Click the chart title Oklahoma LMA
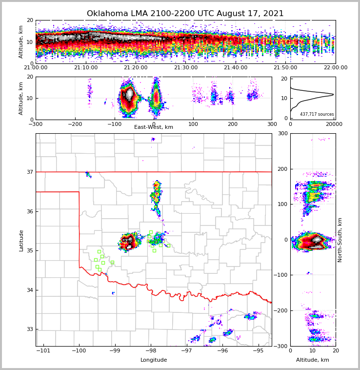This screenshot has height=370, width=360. tap(185, 14)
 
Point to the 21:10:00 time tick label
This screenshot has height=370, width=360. tap(86, 68)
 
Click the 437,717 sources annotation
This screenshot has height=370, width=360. tap(317, 114)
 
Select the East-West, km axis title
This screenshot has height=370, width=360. tap(154, 127)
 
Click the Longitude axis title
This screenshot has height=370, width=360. tap(154, 360)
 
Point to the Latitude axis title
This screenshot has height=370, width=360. tap(21, 240)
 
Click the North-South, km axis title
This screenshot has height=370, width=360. tap(340, 240)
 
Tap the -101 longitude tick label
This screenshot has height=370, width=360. tap(43, 350)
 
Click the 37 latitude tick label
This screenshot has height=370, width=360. tap(30, 172)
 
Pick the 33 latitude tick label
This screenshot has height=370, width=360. tap(30, 329)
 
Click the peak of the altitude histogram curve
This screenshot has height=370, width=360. tap(333, 94)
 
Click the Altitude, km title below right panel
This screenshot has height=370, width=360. tap(313, 360)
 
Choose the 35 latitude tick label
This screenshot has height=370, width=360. tap(30, 251)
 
